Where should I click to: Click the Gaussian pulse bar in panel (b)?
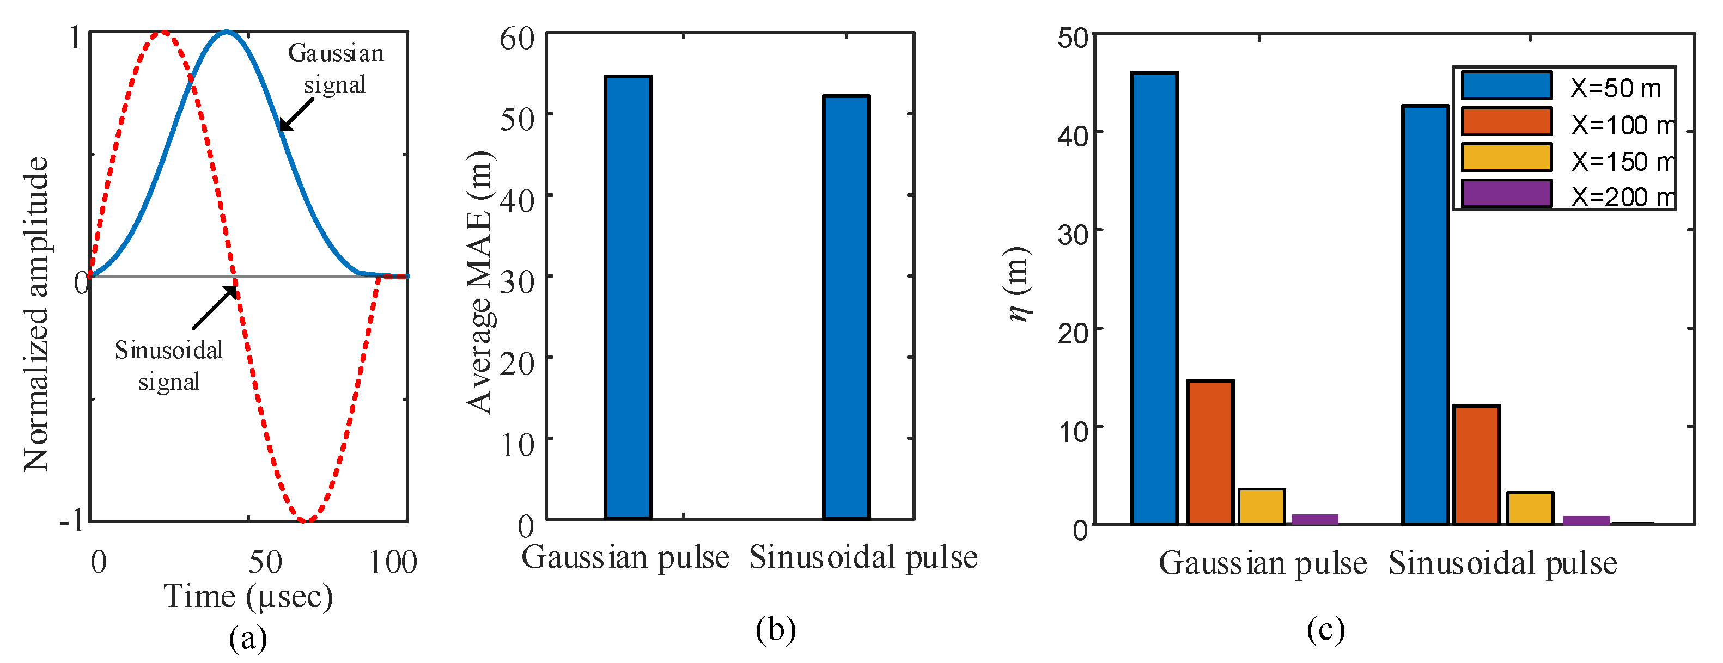(628, 297)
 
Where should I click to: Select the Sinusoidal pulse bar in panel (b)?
(846, 308)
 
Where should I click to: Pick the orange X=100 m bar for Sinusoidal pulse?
(1476, 464)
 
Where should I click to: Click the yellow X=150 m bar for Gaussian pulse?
(1261, 507)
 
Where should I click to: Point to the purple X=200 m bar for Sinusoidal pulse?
(1586, 520)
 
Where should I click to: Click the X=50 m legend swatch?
(1506, 85)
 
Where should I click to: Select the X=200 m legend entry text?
(1623, 197)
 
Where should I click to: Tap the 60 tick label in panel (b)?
(517, 39)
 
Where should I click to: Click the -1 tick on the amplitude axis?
(71, 519)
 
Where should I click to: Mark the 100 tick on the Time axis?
(393, 563)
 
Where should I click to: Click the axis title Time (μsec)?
(248, 597)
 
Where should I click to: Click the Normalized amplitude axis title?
(37, 314)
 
